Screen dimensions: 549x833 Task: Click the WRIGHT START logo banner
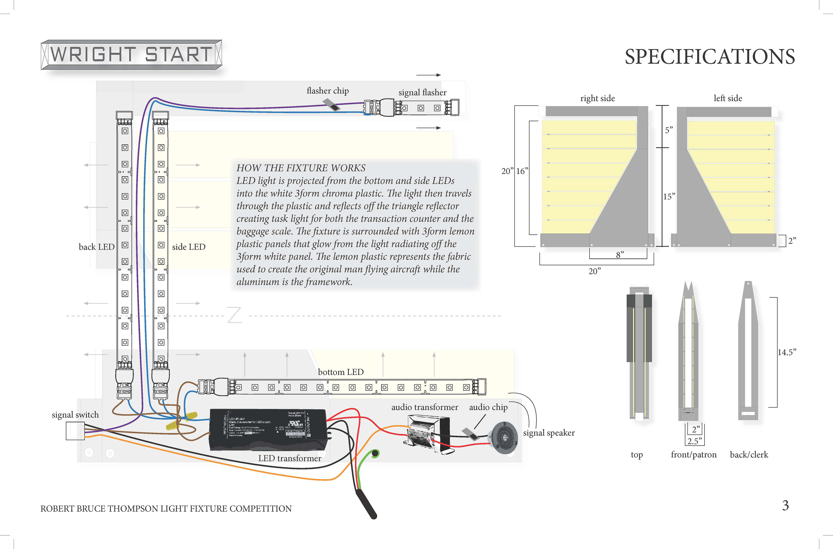131,55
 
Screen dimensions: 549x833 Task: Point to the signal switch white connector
75,431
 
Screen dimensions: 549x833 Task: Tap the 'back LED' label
97,247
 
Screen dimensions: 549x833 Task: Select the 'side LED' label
189,247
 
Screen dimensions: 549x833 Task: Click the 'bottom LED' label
341,372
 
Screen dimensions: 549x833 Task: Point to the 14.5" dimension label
787,352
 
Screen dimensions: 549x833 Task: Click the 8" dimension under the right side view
620,255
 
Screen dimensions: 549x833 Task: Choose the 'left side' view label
728,98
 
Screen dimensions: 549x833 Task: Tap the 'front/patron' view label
693,454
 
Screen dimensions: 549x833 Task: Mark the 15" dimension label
669,196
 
